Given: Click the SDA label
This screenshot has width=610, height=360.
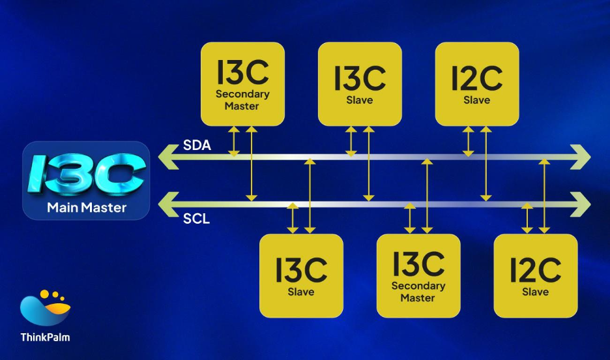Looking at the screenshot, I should [x=197, y=145].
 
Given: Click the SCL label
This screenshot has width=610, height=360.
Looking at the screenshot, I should [x=197, y=219].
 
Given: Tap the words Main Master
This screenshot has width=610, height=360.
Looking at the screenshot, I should [x=87, y=209].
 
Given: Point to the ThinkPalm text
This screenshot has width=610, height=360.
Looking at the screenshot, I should [x=45, y=337].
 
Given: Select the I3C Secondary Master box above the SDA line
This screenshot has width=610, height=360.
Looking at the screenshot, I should [x=242, y=83].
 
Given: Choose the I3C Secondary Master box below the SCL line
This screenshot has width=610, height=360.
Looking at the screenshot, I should [x=418, y=275].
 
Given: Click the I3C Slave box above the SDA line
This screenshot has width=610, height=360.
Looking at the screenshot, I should [x=360, y=83].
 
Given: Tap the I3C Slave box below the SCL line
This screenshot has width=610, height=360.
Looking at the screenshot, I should [x=301, y=275].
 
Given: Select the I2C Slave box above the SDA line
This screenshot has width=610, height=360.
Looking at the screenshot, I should [x=477, y=83].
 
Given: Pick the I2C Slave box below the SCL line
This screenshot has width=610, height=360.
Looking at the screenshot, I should [x=536, y=275].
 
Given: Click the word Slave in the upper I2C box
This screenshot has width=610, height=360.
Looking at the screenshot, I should [x=477, y=100].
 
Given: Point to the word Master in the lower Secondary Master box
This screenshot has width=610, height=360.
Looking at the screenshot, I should [x=418, y=298].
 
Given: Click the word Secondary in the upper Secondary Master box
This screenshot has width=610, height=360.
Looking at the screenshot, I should [x=242, y=94].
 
